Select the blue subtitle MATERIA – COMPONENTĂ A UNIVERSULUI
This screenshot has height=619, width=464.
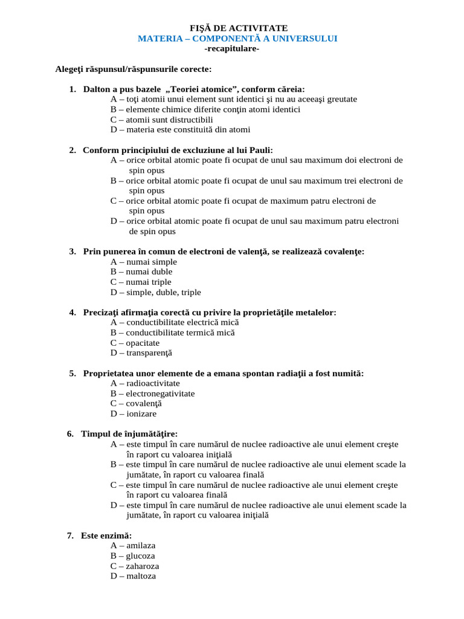click(237, 39)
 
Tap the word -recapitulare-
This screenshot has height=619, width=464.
click(232, 48)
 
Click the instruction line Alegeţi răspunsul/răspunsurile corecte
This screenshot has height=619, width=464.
click(133, 70)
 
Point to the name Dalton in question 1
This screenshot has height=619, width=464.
click(97, 89)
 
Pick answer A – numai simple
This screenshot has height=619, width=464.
click(144, 262)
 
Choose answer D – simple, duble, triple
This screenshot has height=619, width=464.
click(156, 293)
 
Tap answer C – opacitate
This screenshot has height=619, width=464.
click(135, 343)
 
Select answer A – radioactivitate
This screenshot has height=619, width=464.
click(145, 383)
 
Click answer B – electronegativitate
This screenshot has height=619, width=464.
click(152, 394)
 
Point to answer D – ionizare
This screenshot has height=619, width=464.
click(134, 414)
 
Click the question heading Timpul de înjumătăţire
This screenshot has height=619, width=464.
click(129, 435)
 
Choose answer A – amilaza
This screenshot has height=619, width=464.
click(133, 545)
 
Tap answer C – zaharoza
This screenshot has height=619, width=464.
click(135, 566)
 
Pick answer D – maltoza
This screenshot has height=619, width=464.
click(133, 576)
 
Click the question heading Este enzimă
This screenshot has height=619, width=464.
click(106, 536)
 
